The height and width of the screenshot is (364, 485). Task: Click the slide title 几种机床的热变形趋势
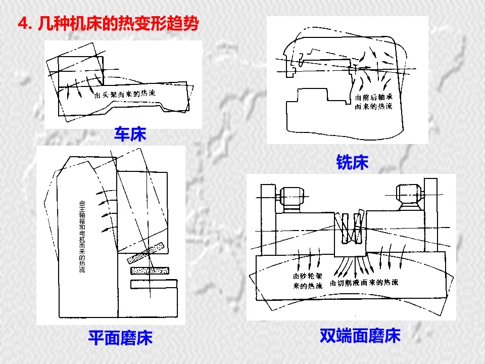(x=118, y=24)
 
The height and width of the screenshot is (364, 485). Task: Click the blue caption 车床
(x=130, y=134)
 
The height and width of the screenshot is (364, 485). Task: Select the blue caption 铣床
(x=352, y=162)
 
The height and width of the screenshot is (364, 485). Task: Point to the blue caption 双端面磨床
(x=360, y=336)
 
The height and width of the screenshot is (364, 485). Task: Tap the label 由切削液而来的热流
(x=364, y=282)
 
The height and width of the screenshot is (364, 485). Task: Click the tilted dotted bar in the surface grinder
(x=147, y=253)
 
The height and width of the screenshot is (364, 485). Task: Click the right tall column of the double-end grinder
(x=430, y=217)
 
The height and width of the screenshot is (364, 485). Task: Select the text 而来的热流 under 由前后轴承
(x=374, y=107)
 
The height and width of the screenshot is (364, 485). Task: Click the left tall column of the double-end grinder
(x=267, y=217)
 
